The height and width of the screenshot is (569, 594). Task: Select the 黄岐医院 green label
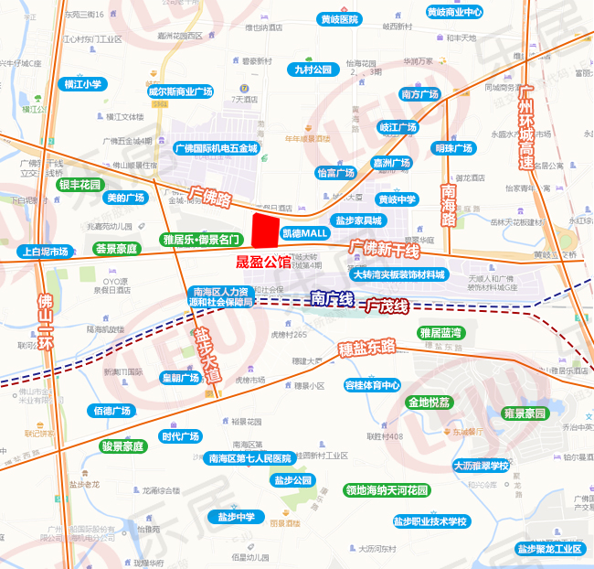click(x=339, y=19)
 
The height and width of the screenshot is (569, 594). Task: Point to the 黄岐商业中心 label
click(x=454, y=12)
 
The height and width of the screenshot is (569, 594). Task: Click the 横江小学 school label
click(x=83, y=84)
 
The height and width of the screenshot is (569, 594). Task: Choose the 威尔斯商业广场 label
click(x=180, y=91)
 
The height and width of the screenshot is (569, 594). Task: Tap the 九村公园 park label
click(x=313, y=70)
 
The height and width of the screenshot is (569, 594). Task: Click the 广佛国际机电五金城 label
click(x=216, y=147)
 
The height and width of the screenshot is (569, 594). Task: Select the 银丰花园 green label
click(x=80, y=184)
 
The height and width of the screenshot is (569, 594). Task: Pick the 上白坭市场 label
click(x=46, y=252)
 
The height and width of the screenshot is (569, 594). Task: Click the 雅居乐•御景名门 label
click(x=201, y=240)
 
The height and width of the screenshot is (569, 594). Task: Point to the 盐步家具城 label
click(x=357, y=220)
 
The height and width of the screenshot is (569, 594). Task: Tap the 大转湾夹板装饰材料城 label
click(x=399, y=274)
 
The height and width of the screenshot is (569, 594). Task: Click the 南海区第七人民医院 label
click(x=249, y=458)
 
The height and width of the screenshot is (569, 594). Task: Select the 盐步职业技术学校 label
click(x=430, y=521)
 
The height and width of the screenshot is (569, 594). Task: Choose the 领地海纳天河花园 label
click(x=387, y=490)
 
